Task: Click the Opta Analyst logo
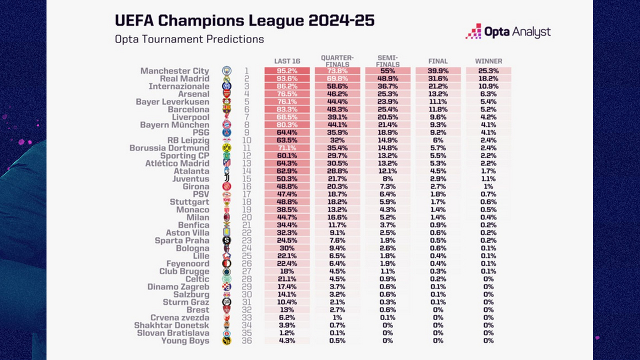[x=508, y=31]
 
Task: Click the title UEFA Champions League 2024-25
[x=244, y=20]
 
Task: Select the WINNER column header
[x=488, y=61]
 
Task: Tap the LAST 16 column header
[x=287, y=61]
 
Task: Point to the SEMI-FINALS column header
[x=387, y=61]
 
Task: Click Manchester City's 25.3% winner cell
[x=488, y=71]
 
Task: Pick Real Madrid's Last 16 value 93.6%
[x=287, y=78]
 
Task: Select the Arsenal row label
[x=193, y=94]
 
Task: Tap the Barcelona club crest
[x=226, y=109]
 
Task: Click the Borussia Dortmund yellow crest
[x=226, y=147]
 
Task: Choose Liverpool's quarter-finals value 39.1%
[x=337, y=117]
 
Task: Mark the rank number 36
[x=246, y=340]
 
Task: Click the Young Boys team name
[x=185, y=341]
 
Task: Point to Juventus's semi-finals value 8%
[x=387, y=179]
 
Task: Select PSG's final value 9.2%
[x=438, y=132]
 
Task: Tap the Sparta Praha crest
[x=226, y=240]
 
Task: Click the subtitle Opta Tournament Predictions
[x=189, y=39]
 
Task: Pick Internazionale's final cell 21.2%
[x=438, y=86]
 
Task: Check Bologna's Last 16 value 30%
[x=287, y=248]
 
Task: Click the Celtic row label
[x=197, y=279]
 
